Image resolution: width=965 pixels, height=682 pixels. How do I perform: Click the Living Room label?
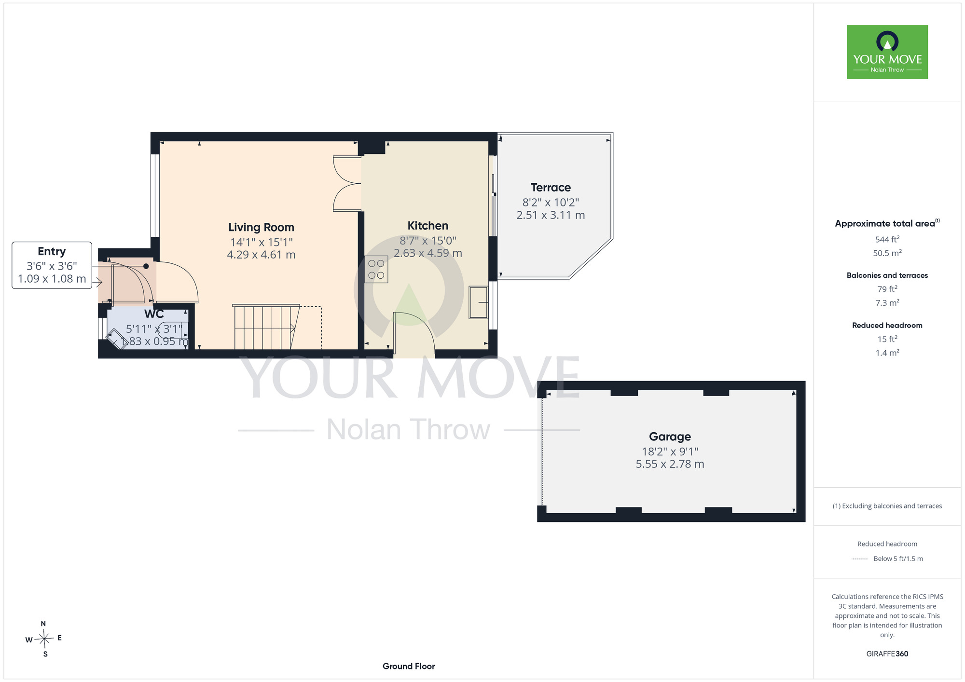tap(261, 227)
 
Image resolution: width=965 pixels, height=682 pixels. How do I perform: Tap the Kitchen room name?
tap(428, 226)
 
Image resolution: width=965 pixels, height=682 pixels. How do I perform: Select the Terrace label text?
tap(551, 188)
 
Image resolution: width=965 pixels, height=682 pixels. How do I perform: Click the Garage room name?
tap(670, 436)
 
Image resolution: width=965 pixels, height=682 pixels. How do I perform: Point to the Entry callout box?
tap(52, 265)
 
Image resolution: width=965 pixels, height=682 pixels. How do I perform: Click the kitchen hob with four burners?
tap(376, 269)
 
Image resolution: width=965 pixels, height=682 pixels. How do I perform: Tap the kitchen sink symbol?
tap(479, 302)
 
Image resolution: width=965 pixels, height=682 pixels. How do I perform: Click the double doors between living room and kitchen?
tap(347, 183)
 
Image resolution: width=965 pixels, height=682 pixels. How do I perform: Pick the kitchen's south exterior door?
tap(414, 333)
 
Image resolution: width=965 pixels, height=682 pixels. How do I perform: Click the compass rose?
tap(44, 639)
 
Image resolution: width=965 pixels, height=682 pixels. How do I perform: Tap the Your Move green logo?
tap(887, 52)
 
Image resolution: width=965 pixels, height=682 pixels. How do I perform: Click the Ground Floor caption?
tap(409, 666)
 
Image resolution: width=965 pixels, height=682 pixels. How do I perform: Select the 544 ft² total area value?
tap(887, 239)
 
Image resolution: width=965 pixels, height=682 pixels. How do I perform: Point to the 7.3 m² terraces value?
tap(887, 303)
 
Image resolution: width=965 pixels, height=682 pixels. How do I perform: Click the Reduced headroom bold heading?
tap(887, 326)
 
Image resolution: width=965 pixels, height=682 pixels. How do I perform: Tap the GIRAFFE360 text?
tap(887, 654)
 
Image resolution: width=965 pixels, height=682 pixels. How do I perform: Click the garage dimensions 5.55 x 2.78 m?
tap(670, 464)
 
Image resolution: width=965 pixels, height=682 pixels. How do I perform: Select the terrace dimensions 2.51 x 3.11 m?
tap(551, 215)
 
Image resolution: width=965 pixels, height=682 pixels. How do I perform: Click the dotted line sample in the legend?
tap(860, 559)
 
